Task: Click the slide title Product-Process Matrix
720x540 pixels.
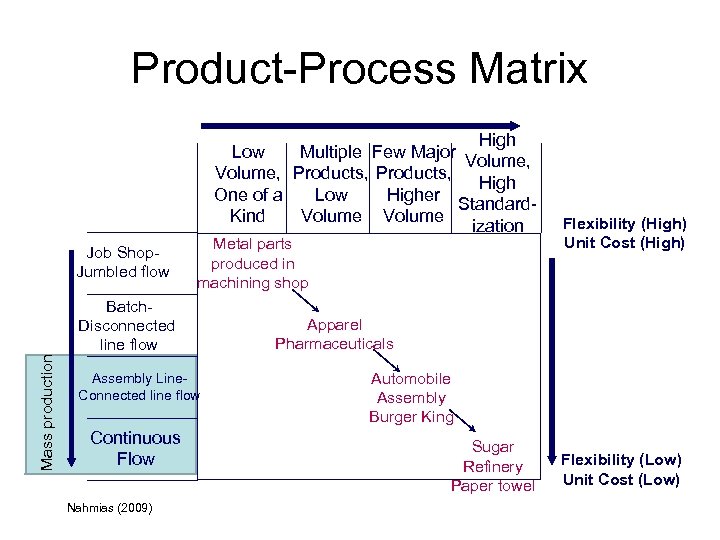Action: (x=359, y=69)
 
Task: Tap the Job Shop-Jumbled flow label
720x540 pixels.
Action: (x=123, y=262)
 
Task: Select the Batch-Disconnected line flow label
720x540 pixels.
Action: (x=127, y=325)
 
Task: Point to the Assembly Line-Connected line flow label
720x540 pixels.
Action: (x=138, y=387)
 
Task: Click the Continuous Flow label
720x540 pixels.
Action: (x=135, y=448)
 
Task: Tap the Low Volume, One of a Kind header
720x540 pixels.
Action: (x=248, y=184)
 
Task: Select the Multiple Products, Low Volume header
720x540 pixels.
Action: (x=330, y=184)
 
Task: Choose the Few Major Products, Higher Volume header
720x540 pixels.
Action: (x=413, y=184)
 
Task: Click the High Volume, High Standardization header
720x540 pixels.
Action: (x=497, y=183)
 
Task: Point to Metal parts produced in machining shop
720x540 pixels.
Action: (x=253, y=264)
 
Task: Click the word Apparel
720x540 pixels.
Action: (x=334, y=325)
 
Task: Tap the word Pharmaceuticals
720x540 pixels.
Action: (x=334, y=344)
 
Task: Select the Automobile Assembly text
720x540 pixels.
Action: (x=411, y=388)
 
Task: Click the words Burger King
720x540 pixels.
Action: (x=411, y=417)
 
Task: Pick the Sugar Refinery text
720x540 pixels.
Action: (x=493, y=457)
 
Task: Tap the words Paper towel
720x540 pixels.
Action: (x=493, y=486)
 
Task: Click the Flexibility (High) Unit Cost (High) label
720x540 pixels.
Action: (x=623, y=233)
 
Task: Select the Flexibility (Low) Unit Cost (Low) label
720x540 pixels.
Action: (x=621, y=469)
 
